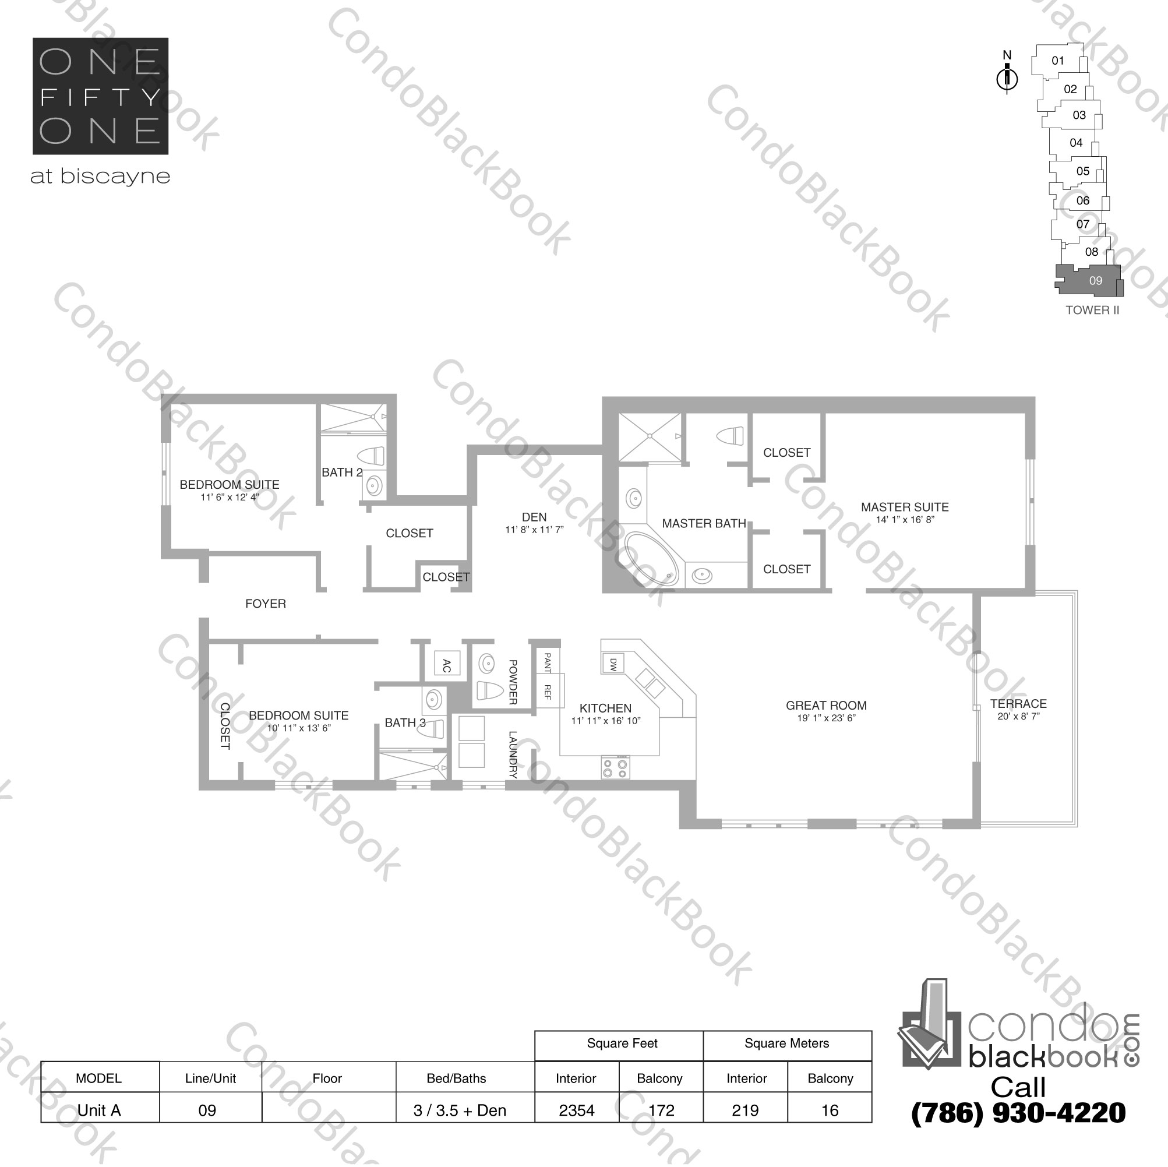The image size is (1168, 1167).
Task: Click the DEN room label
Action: pos(534,517)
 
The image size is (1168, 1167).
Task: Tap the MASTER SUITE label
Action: pos(905,507)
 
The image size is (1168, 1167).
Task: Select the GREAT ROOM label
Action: pos(826,706)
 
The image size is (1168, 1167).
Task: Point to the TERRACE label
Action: pos(1018,704)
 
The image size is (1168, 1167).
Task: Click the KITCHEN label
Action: pos(605,708)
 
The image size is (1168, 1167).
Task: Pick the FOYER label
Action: pos(266,604)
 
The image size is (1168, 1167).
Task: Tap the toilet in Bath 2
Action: pos(370,456)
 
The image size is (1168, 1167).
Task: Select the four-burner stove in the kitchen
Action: pos(615,768)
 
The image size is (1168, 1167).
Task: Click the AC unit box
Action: pos(447,665)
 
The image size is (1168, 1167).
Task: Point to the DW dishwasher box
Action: pos(612,664)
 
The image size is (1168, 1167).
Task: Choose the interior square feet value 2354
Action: pos(576,1110)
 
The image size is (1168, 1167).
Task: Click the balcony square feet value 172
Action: pos(661,1110)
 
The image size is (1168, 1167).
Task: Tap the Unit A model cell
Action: pos(99,1110)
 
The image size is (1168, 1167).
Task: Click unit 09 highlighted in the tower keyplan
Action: pos(1095,281)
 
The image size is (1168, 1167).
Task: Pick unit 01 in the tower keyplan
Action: pos(1057,61)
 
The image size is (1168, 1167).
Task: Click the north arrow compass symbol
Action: pos(1007,77)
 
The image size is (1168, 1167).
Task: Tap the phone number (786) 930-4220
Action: pos(1018,1113)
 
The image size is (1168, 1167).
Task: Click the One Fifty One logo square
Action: pos(100,96)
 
